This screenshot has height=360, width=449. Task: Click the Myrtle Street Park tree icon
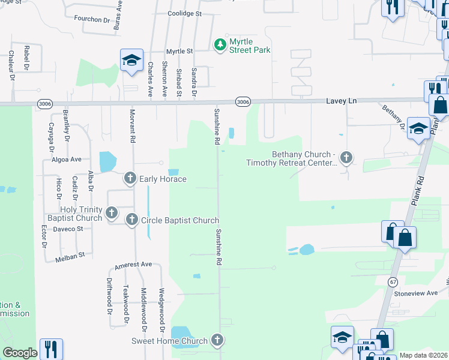(x=220, y=44)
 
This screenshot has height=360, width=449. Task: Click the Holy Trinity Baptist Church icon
(x=111, y=212)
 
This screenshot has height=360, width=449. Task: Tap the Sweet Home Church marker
(x=217, y=340)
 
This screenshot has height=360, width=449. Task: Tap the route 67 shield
(x=393, y=281)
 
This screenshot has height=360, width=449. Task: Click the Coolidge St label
(x=185, y=13)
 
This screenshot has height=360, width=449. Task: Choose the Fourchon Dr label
(x=92, y=19)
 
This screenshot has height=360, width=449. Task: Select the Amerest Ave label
(x=133, y=265)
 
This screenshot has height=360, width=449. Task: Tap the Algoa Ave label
(x=66, y=160)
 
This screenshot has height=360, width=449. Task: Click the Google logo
(x=20, y=353)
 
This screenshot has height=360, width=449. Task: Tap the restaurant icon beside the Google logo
(x=51, y=349)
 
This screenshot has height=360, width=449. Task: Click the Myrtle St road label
(x=179, y=52)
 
